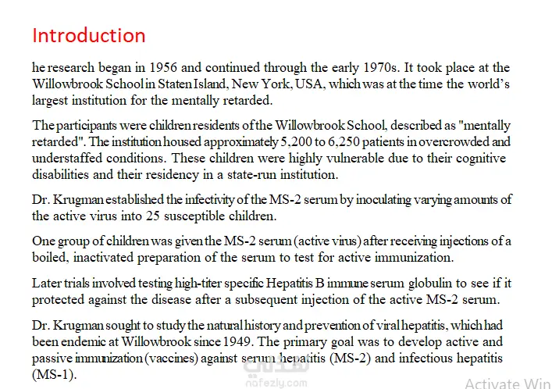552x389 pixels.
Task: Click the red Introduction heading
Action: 88,36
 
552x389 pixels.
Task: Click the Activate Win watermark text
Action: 507,384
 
